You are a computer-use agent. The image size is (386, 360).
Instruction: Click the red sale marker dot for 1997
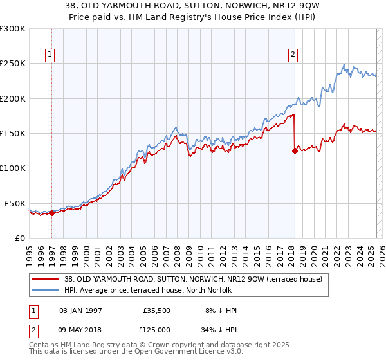click(x=51, y=213)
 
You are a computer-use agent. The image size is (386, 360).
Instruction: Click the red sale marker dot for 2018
click(x=295, y=151)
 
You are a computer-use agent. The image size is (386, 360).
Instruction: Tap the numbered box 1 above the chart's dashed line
click(x=51, y=55)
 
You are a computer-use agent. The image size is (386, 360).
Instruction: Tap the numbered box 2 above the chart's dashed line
click(x=293, y=55)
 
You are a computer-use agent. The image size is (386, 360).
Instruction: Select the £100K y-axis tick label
click(x=13, y=168)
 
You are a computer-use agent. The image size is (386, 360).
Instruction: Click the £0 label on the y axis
click(x=19, y=238)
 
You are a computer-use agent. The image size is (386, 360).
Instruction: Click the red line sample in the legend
click(x=45, y=278)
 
